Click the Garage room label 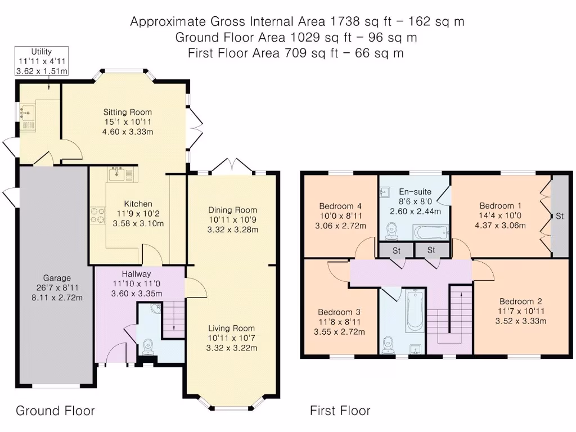57,278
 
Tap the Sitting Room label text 128,112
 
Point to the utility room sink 27,112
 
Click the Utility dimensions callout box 42,61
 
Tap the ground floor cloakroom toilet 148,346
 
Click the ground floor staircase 173,319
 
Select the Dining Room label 232,210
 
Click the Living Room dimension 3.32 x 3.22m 231,348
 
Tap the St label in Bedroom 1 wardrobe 560,216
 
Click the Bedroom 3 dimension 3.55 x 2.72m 339,332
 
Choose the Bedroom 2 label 520,301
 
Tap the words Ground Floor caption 55,410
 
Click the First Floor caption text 340,410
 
